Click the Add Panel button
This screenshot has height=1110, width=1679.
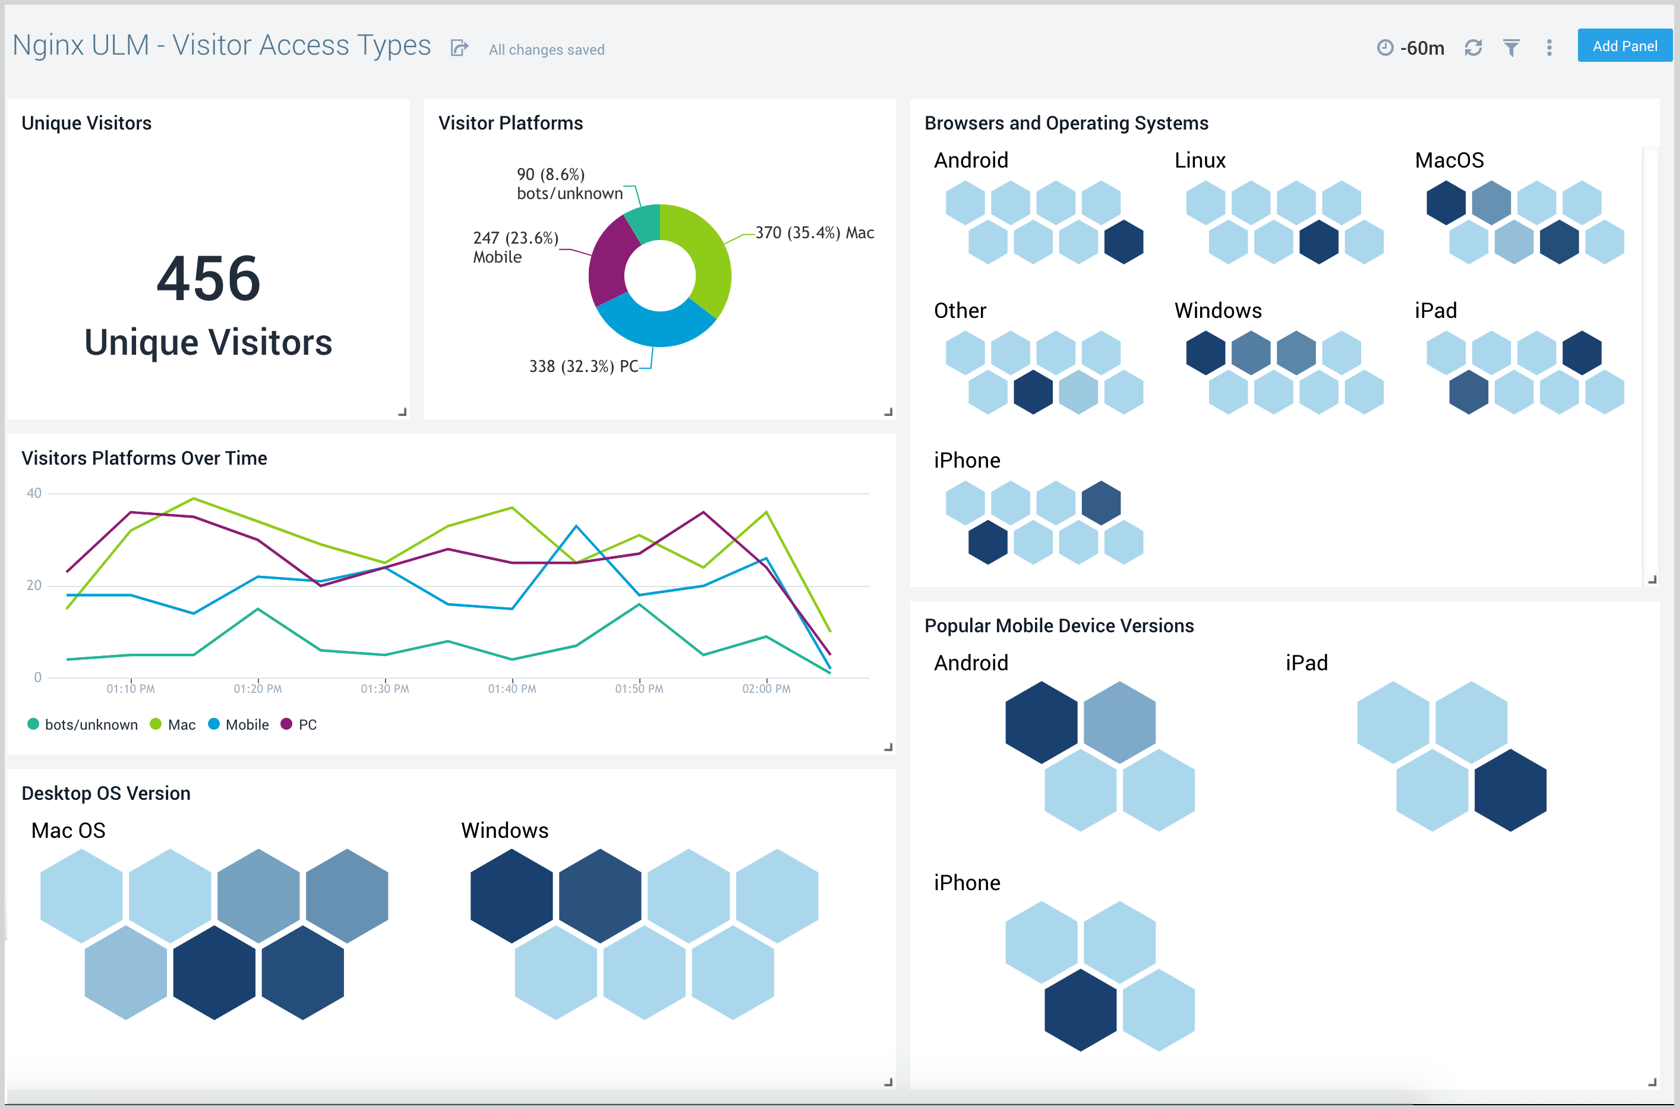pos(1624,46)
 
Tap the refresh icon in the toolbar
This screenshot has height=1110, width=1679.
pos(1473,48)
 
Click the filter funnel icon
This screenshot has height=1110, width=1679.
pos(1511,48)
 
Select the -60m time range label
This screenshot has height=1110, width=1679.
pos(1421,48)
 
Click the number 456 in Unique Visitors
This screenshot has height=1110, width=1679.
pos(208,279)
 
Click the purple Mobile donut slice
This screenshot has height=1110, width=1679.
pos(607,262)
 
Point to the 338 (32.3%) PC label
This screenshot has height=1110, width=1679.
pos(583,366)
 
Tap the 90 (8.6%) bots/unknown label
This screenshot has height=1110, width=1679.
pos(569,184)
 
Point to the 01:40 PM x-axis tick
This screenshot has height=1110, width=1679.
pos(512,688)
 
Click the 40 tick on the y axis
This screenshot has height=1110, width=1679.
pos(34,493)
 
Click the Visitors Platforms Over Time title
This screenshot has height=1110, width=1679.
pos(144,458)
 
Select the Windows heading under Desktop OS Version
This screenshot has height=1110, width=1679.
pos(504,830)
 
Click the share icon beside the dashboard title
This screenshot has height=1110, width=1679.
pos(459,48)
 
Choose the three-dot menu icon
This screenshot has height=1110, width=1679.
pos(1549,48)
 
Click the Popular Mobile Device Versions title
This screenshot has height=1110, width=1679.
pos(1059,626)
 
